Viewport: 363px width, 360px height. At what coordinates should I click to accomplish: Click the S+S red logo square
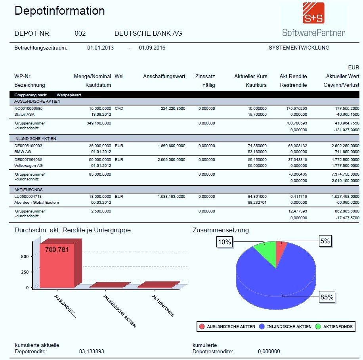click(x=313, y=13)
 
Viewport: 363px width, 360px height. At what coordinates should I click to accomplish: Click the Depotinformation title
click(x=60, y=11)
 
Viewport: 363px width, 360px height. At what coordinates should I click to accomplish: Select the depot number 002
click(x=80, y=33)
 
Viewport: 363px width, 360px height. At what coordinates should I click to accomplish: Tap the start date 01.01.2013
click(x=101, y=48)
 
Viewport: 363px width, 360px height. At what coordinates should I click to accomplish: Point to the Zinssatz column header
click(x=205, y=76)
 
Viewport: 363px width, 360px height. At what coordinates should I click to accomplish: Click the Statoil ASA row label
click(x=24, y=115)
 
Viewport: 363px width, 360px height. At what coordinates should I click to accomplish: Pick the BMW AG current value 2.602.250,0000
click(x=346, y=146)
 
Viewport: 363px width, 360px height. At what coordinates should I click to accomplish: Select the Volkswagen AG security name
click(x=29, y=166)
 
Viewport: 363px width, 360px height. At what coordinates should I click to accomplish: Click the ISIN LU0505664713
click(x=28, y=196)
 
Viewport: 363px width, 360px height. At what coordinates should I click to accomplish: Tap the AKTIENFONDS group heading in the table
click(x=29, y=190)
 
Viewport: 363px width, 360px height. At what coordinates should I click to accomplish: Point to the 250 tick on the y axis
click(x=25, y=272)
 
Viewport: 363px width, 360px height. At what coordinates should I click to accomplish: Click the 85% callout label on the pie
click(x=327, y=297)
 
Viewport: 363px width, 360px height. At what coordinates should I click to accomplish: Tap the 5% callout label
click(x=325, y=241)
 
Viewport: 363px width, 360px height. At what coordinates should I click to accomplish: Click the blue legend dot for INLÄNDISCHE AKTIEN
click(x=262, y=326)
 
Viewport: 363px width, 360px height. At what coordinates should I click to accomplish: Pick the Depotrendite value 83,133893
click(x=92, y=351)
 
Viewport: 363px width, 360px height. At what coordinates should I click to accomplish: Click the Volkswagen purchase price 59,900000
click(x=257, y=166)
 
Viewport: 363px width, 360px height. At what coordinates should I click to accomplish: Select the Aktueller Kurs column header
click(x=251, y=76)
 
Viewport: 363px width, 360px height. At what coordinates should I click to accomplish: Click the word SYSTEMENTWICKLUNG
click(x=299, y=48)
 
